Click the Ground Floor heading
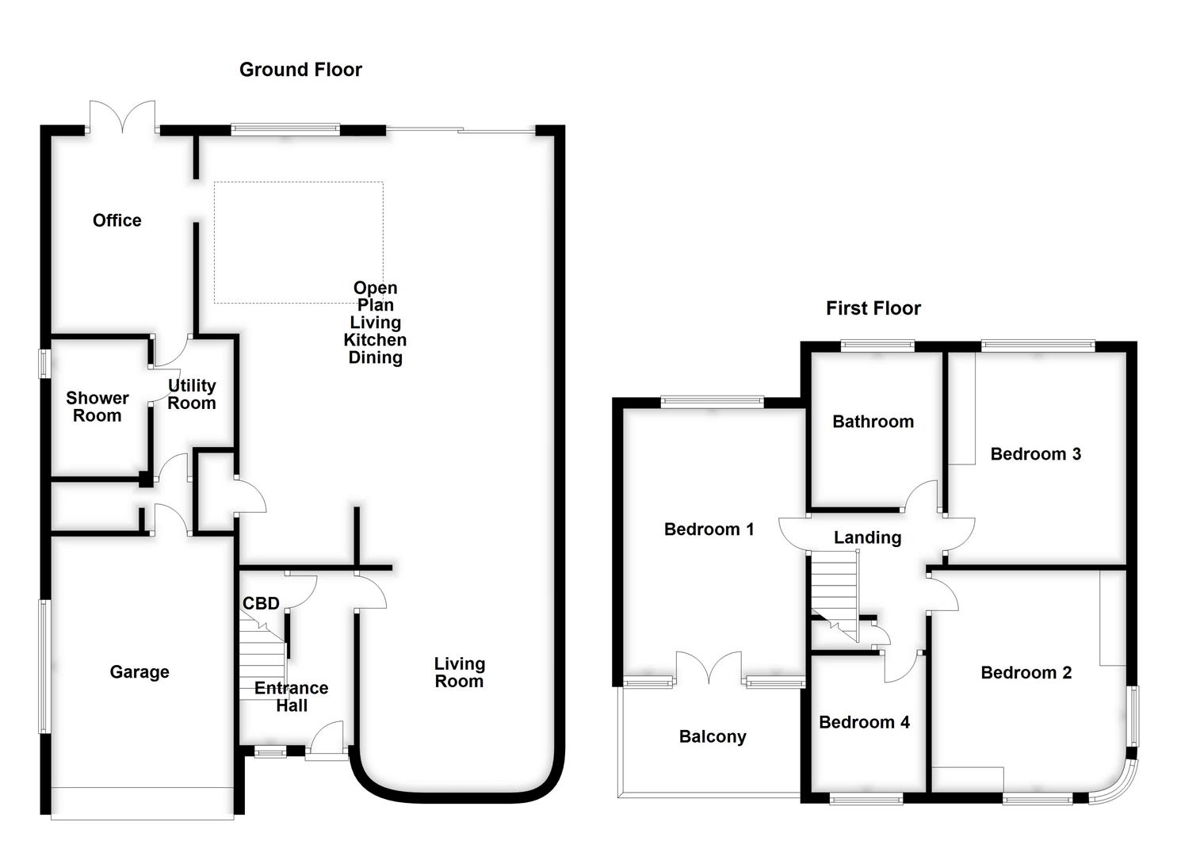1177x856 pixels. [x=300, y=70]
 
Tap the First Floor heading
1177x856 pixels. [x=873, y=308]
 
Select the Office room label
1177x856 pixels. [x=117, y=220]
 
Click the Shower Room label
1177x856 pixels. [x=97, y=407]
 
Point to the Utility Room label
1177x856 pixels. [x=191, y=394]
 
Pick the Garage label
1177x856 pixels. [x=139, y=672]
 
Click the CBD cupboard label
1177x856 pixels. [x=261, y=603]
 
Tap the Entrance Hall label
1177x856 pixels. [x=291, y=697]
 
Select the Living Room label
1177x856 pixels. [x=459, y=672]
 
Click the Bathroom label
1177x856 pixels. [x=873, y=422]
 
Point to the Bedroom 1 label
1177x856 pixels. [x=709, y=529]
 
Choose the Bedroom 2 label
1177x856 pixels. [x=1026, y=673]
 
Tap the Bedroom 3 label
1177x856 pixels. [x=1035, y=454]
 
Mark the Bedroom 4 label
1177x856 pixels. [x=864, y=722]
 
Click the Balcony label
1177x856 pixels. [x=713, y=736]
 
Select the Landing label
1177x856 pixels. [x=867, y=537]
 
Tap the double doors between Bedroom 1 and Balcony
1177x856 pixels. [x=709, y=669]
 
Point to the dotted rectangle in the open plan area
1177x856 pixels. [x=298, y=243]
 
